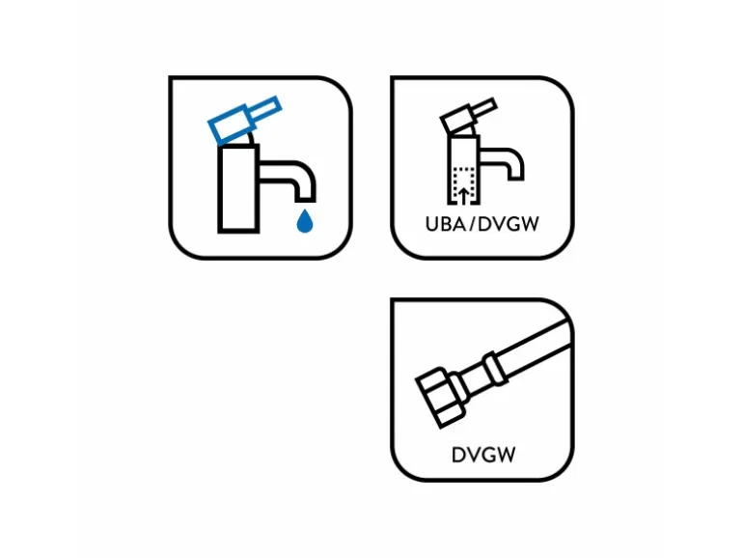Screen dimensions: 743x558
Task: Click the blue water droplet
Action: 305,221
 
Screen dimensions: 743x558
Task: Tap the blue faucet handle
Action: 244,120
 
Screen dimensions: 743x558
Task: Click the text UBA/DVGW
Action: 482,224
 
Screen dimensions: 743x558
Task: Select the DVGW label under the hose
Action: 482,455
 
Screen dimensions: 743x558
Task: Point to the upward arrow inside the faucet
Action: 464,195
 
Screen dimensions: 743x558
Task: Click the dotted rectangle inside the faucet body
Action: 464,185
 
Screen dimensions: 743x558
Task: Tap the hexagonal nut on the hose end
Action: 439,398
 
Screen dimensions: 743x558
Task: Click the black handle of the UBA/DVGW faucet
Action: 467,117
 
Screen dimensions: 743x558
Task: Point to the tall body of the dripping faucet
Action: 238,188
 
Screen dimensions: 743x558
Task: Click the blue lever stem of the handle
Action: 265,111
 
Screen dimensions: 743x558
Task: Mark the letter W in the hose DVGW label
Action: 506,455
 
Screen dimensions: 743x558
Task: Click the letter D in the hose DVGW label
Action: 458,455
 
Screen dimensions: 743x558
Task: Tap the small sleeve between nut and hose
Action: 460,389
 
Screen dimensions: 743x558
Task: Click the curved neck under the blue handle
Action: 250,137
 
